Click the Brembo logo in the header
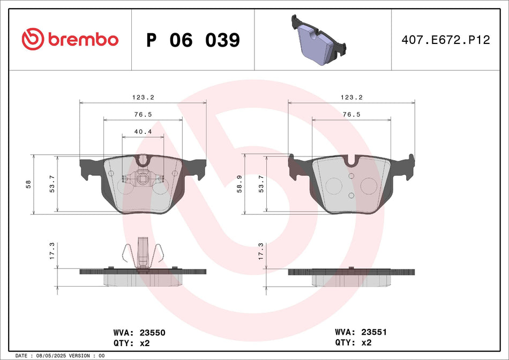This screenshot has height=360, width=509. [70, 39]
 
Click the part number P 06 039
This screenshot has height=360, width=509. [193, 40]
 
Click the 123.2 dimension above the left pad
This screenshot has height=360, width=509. [144, 97]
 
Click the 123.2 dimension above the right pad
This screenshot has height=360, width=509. [352, 97]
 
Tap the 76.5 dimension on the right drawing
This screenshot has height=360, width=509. [351, 115]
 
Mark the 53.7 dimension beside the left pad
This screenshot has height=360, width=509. [53, 184]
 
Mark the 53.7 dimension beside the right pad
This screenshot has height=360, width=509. [261, 184]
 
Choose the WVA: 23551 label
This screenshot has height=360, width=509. [361, 332]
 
